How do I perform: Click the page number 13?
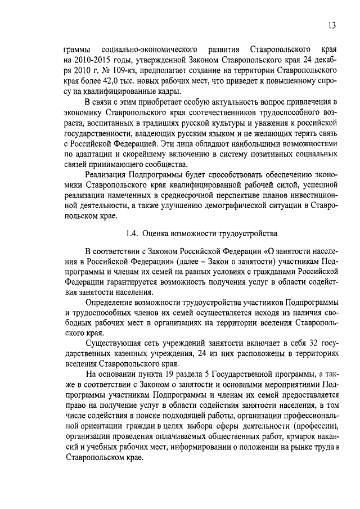332,25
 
